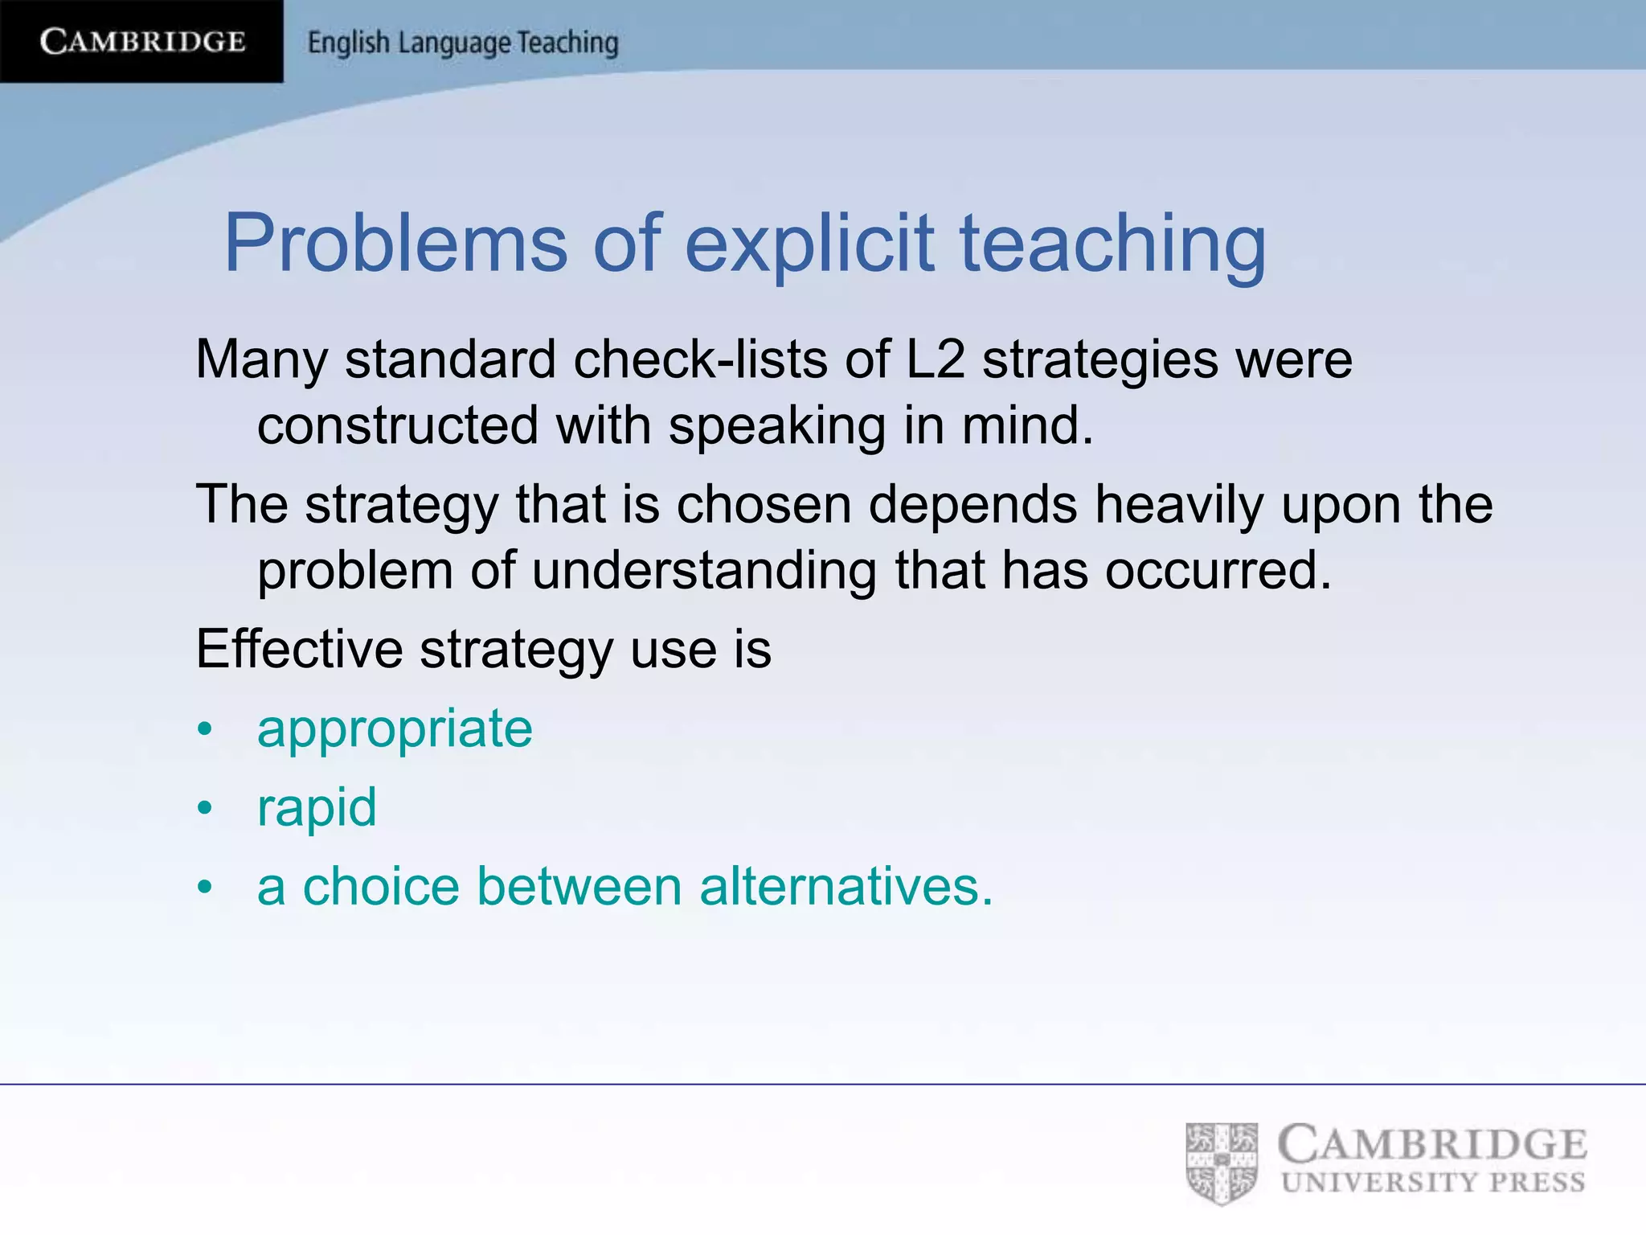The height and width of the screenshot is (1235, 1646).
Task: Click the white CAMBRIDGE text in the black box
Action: [142, 41]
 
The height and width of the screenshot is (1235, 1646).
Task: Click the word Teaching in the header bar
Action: [567, 43]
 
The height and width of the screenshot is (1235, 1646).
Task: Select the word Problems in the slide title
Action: [395, 243]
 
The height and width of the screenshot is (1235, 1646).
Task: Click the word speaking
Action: [777, 425]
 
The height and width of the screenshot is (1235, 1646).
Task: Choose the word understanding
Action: [704, 571]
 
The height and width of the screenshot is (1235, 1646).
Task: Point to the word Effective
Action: [299, 649]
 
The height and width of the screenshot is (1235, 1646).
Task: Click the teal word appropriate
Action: [395, 729]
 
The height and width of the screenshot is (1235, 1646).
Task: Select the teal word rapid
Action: [317, 807]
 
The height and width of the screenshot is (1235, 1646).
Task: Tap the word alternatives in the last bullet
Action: [846, 887]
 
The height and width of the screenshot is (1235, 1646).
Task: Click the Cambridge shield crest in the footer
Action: [1222, 1163]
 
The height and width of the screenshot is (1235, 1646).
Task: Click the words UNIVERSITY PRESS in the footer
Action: [1433, 1183]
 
